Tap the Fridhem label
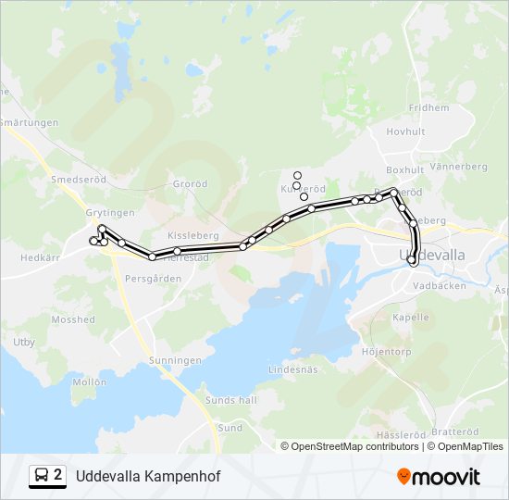[428, 107]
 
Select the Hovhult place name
[405, 131]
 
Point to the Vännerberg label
[458, 167]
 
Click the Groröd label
[191, 184]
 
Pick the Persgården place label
[153, 278]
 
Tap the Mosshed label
[73, 319]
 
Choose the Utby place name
[24, 343]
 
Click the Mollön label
[90, 381]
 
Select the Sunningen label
[176, 359]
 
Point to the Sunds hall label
[235, 400]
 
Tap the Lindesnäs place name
[292, 369]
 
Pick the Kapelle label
[411, 317]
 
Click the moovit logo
[439, 476]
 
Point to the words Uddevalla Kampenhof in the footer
[148, 476]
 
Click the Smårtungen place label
[30, 122]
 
